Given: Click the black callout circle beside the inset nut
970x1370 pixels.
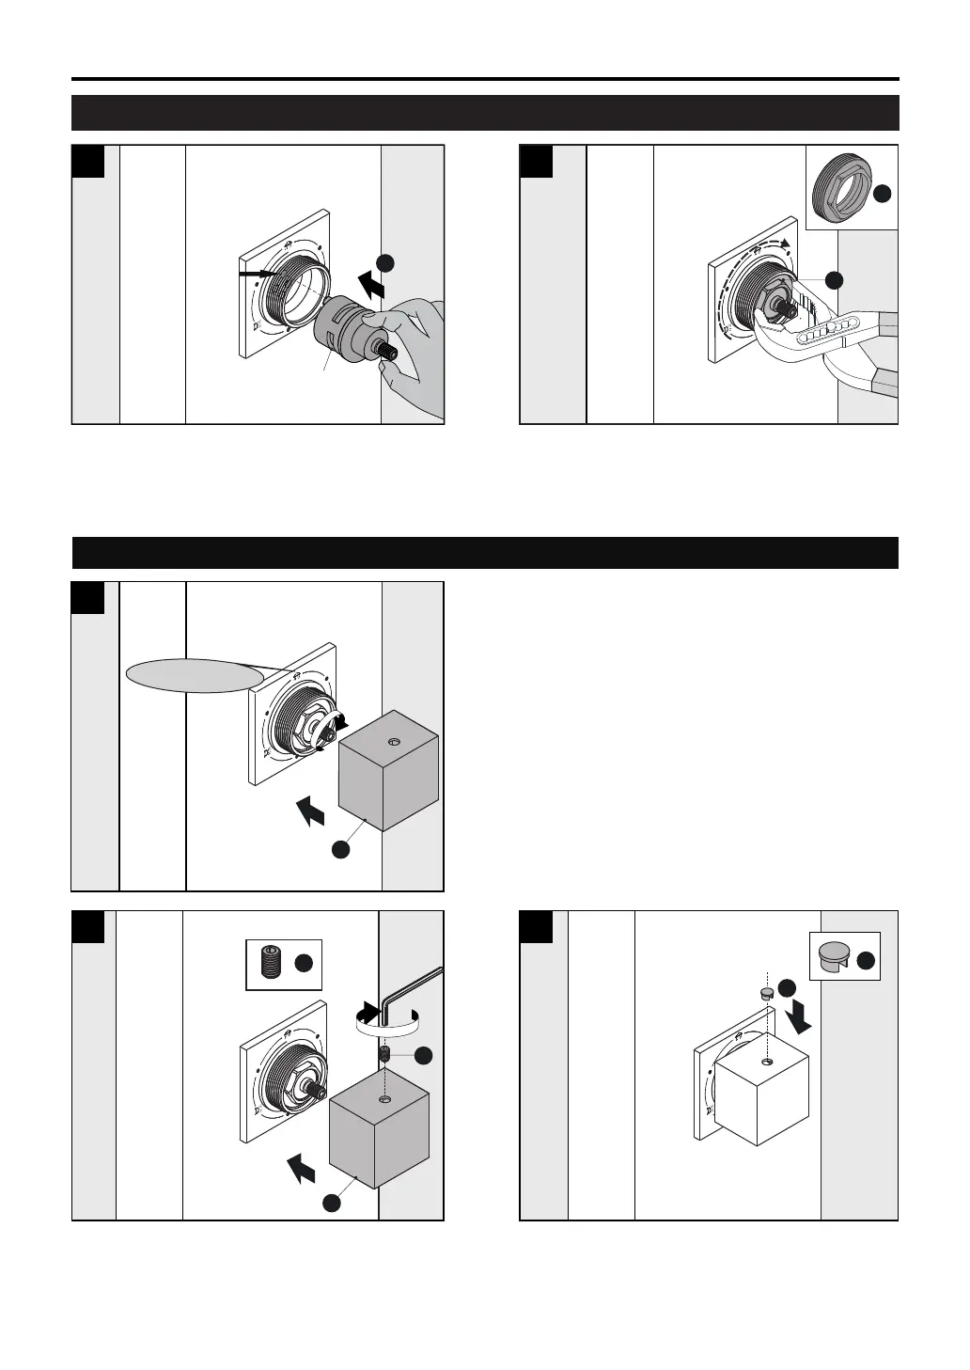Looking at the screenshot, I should click(x=882, y=194).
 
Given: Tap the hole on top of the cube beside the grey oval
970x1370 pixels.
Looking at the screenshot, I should click(x=392, y=743).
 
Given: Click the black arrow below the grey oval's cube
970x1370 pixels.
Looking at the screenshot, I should click(x=310, y=809).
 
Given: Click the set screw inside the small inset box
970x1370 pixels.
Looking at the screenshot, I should click(x=270, y=965).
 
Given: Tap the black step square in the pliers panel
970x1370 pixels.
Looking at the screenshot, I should click(x=537, y=163).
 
